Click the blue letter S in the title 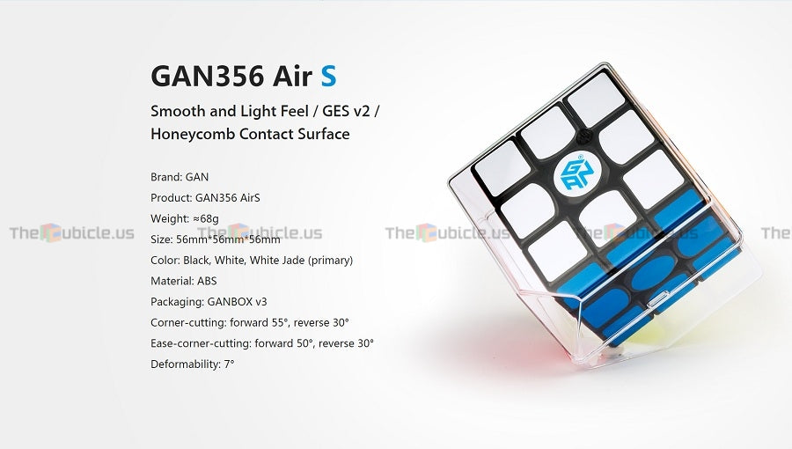pos(328,76)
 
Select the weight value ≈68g pos(205,217)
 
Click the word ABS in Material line pos(206,281)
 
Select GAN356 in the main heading pos(207,76)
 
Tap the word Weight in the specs pos(168,217)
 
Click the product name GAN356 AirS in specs pos(224,196)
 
